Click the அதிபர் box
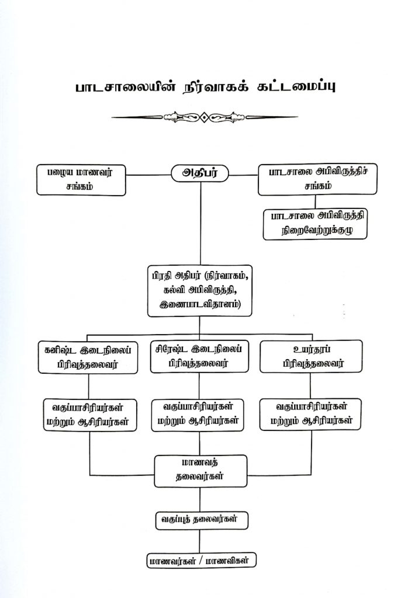[200, 173]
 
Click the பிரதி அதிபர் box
[200, 290]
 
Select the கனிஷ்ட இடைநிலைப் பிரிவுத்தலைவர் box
[88, 356]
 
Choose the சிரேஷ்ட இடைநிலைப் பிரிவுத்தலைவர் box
[200, 356]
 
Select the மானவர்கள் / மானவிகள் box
[202, 561]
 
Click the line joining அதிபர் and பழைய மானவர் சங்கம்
[147, 173]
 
